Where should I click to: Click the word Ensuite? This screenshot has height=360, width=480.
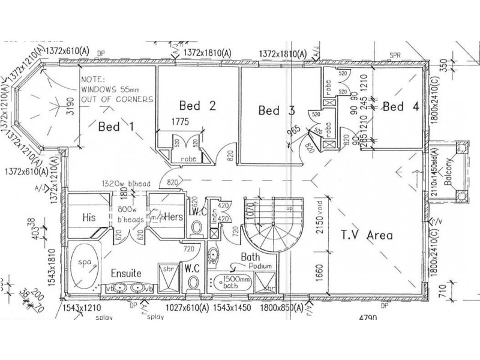(x=125, y=273)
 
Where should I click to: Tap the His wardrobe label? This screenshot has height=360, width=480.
(x=90, y=218)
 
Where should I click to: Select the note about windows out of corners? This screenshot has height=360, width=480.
(x=117, y=88)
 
